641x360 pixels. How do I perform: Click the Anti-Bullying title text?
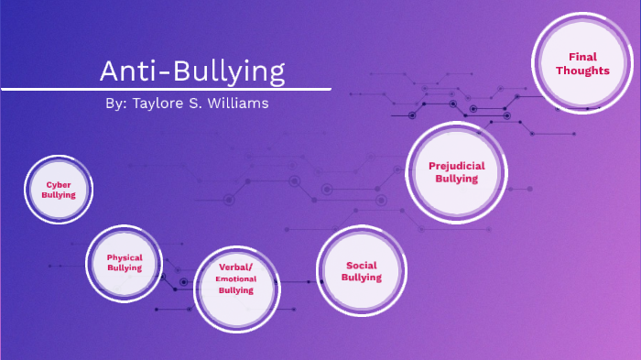[192, 71]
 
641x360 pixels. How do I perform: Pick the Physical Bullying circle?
[125, 263]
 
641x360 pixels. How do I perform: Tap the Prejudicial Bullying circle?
[456, 172]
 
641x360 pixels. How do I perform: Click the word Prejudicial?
[456, 166]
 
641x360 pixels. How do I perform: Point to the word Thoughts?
[581, 71]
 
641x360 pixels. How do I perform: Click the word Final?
[582, 57]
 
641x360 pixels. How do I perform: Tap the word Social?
[362, 266]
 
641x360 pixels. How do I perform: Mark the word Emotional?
[235, 278]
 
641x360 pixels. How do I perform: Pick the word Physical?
[125, 257]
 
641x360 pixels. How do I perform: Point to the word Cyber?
[59, 184]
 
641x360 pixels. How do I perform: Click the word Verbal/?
[235, 267]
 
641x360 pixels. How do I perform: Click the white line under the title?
[165, 89]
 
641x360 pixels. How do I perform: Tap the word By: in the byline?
[115, 104]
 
